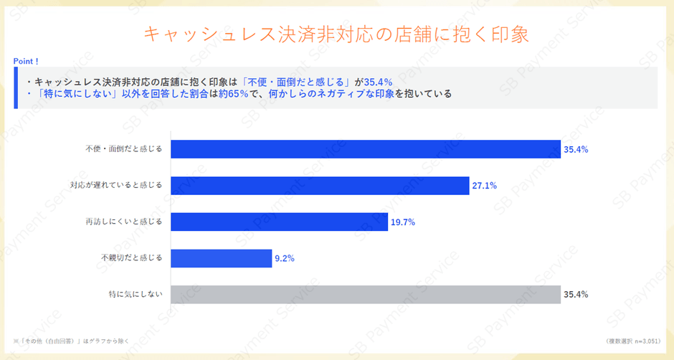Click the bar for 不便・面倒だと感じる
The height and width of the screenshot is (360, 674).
pos(366,149)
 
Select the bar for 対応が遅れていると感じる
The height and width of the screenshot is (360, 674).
pos(321,185)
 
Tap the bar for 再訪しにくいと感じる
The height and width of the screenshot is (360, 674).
pos(280,222)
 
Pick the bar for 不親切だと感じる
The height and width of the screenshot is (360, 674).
pos(222,257)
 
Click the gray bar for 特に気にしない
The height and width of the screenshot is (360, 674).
pos(366,294)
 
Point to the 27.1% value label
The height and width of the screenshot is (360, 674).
pos(484,186)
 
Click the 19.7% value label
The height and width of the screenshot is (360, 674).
pos(403,222)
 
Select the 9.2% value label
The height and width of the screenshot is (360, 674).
pos(285,258)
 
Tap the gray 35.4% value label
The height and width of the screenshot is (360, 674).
pos(576,295)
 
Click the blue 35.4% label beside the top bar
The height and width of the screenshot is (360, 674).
pos(576,150)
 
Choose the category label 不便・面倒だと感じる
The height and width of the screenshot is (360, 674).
pos(124,149)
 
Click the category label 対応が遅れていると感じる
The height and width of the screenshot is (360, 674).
pos(116,185)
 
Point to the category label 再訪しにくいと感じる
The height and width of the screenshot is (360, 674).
pos(124,222)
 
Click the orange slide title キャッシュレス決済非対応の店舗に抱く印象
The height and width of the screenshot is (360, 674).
pos(336,34)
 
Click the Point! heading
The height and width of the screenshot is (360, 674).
pos(26,61)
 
